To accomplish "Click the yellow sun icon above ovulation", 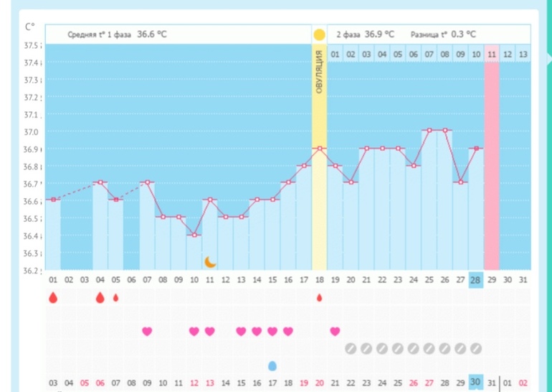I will [319, 34].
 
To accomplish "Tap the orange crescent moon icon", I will [210, 262].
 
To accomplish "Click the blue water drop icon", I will [272, 365].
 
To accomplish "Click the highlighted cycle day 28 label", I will [475, 280].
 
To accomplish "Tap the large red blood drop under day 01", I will [53, 298].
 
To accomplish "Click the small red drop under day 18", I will [320, 297].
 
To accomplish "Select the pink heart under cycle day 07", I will [147, 331].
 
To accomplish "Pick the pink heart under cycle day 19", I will [335, 331].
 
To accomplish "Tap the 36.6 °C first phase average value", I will [152, 34].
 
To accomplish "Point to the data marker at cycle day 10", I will [194, 235].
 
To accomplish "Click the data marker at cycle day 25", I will [429, 131].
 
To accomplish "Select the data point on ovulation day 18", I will [319, 149].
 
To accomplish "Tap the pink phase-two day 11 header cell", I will [491, 55].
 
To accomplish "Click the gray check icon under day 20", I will [350, 349].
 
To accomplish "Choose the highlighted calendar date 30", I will [475, 382].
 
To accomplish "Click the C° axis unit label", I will [30, 27].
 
